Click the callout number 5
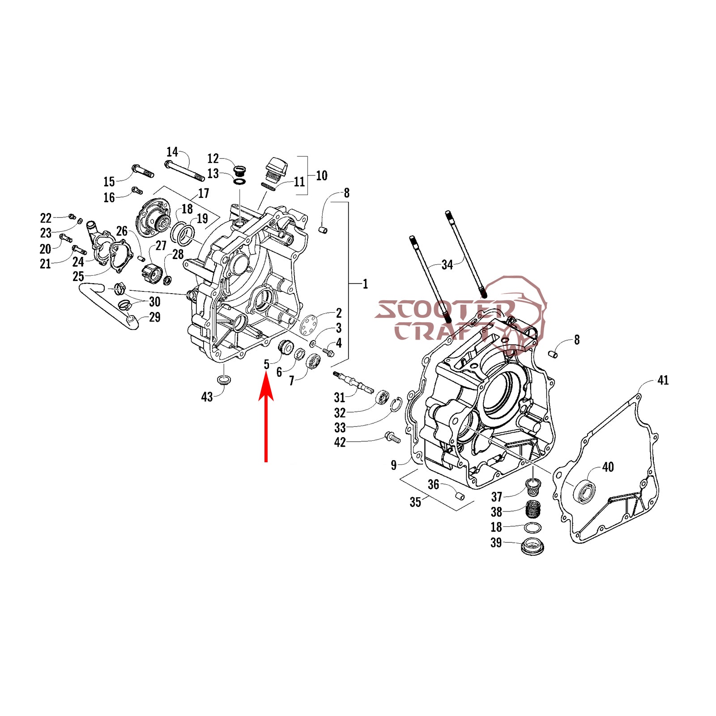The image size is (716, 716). tap(267, 364)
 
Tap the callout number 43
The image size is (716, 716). tap(207, 397)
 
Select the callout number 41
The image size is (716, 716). tap(663, 380)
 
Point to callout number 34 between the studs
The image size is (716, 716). tap(447, 265)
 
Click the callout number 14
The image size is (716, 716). tap(172, 152)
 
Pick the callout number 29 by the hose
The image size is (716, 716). tap(154, 317)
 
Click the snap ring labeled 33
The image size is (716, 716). tap(395, 405)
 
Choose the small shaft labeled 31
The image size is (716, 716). tap(353, 383)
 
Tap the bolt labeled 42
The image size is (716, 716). tap(392, 437)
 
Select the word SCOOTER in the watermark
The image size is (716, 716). tap(445, 310)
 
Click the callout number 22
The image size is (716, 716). tap(46, 218)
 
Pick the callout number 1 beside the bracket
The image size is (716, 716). tap(365, 284)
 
